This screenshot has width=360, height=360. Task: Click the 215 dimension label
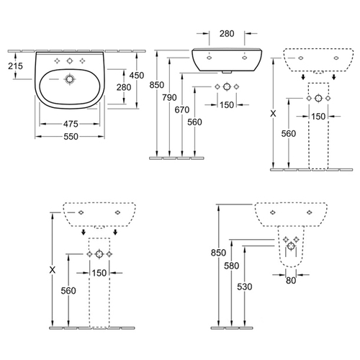15,66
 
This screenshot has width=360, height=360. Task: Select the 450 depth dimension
137,76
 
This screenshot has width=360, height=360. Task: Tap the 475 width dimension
71,124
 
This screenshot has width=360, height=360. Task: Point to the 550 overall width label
71,137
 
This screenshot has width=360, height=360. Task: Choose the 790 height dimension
169,97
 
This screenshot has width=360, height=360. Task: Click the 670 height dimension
182,110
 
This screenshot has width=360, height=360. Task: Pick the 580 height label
232,266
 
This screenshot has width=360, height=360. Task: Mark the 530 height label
245,287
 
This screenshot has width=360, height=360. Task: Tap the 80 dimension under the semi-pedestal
291,280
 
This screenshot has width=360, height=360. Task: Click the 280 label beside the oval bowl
124,87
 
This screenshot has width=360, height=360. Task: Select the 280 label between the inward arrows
227,34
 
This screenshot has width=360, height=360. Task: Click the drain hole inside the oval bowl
70,79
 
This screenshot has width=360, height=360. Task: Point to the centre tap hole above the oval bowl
70,61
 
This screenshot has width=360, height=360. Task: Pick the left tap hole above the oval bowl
57,61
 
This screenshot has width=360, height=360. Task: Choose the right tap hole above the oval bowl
82,61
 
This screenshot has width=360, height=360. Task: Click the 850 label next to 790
157,85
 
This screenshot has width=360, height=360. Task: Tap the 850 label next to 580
218,253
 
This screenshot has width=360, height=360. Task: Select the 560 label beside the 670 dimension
194,122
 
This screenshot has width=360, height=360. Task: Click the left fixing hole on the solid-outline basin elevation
210,58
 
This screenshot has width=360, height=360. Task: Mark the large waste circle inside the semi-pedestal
291,246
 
